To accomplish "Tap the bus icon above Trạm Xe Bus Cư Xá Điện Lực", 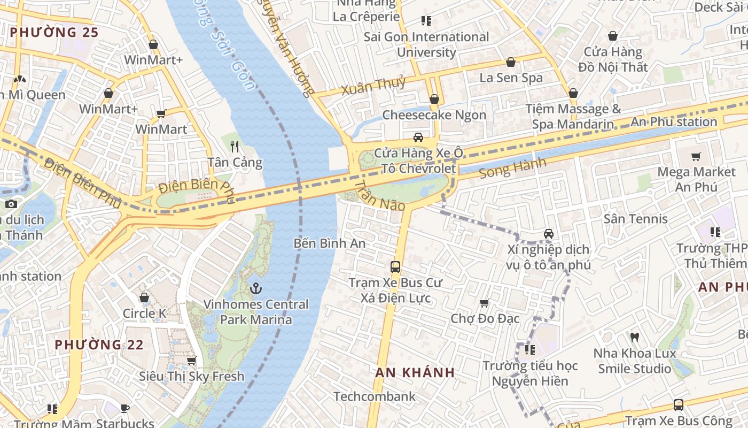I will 395,266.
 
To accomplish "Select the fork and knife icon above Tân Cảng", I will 235,146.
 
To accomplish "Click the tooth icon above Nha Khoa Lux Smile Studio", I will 635,337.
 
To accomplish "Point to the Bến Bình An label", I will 330,243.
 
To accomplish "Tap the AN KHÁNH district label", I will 415,372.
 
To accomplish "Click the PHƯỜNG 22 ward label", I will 99,345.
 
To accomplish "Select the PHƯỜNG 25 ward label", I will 54,32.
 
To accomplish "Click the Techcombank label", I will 374,396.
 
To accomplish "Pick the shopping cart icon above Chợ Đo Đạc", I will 485,303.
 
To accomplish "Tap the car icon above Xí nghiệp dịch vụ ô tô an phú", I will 548,234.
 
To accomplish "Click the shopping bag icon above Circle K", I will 144,297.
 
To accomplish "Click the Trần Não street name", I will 380,196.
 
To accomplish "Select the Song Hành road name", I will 512,168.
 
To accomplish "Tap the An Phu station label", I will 674,121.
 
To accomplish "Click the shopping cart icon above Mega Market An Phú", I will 696,157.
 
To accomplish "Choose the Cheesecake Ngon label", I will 434,115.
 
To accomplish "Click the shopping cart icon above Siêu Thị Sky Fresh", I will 191,361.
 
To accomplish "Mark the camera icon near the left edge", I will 11,204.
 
